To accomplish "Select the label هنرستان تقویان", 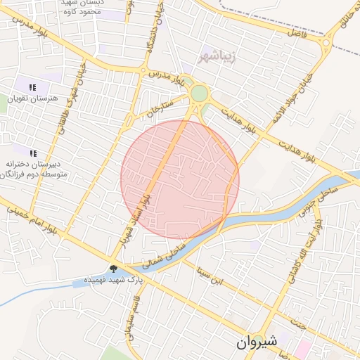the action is click(x=32, y=98).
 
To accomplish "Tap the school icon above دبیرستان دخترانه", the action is click(x=32, y=153).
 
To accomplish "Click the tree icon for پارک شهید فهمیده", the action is click(x=113, y=268).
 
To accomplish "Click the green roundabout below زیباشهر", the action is click(x=200, y=94).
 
